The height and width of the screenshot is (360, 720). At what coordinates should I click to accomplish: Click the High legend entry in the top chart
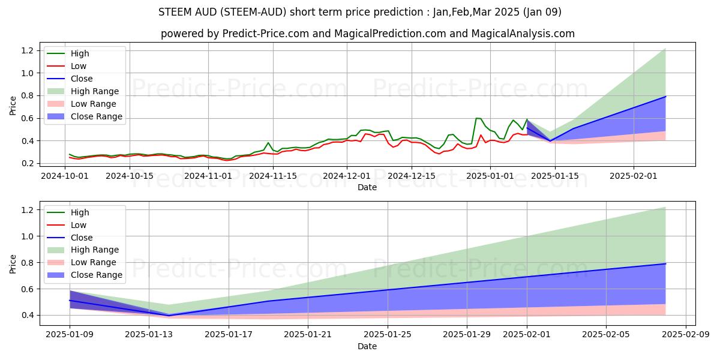coord(80,53)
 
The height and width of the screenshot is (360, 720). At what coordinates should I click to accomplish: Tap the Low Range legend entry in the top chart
coord(95,104)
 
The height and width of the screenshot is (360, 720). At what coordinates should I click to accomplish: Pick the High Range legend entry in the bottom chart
coord(95,250)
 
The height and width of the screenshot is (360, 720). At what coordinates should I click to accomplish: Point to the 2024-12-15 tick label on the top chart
coord(411,176)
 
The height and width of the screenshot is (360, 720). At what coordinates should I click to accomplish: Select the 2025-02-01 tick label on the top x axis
coord(633,176)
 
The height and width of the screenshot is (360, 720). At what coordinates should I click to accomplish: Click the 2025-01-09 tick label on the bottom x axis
coord(70,335)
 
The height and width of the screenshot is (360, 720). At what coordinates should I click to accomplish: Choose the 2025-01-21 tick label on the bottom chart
coord(308,335)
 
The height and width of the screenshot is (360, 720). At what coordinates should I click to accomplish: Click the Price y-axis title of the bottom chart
coord(13,263)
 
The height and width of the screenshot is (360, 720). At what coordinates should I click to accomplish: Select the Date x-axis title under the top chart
coord(367,187)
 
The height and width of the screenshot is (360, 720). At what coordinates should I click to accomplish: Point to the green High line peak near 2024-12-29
coord(477,118)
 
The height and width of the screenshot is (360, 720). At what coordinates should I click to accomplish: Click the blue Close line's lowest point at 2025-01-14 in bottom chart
coord(169,316)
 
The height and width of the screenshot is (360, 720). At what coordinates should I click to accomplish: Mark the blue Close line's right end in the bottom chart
coord(665,264)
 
